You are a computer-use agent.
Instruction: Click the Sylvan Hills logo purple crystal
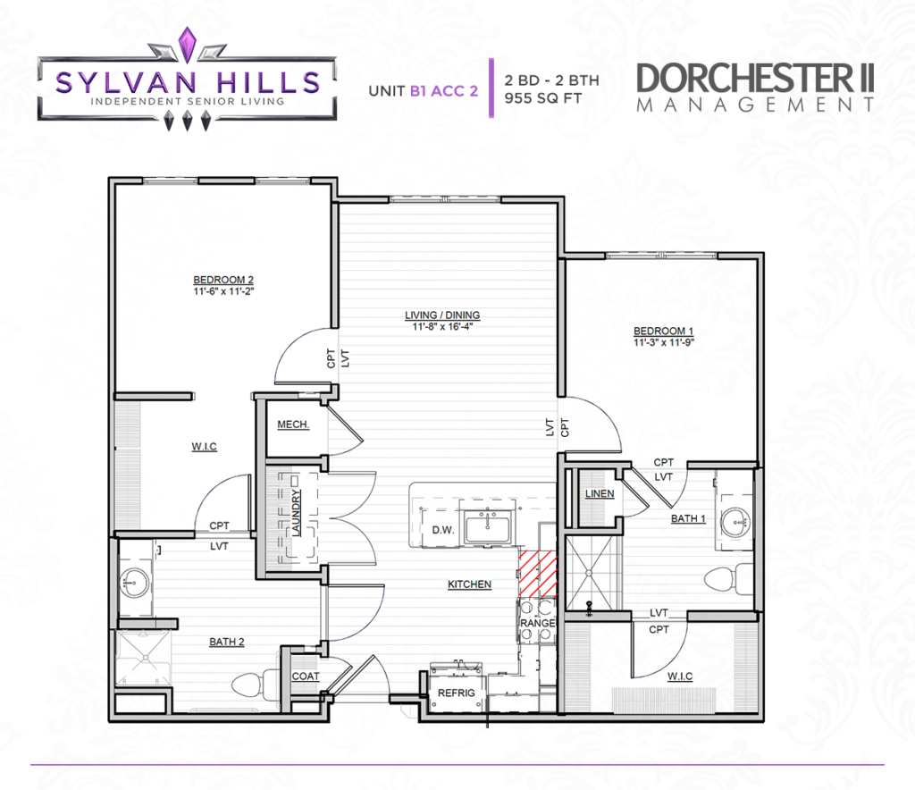[187, 44]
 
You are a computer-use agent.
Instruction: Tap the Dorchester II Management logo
[755, 87]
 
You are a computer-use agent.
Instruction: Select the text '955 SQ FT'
[542, 98]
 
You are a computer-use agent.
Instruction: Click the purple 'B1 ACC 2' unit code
[444, 91]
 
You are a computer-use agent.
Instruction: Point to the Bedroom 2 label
[223, 280]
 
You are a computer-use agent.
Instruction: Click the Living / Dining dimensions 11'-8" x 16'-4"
[442, 327]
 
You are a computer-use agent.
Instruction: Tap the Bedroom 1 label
[664, 331]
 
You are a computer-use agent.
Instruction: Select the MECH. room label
[293, 424]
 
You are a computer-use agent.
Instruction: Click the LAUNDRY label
[297, 512]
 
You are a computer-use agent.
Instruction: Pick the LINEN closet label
[600, 493]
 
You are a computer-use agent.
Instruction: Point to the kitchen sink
[487, 527]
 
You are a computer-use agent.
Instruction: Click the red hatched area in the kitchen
[538, 574]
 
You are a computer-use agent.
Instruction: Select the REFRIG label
[457, 693]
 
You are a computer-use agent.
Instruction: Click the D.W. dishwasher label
[443, 530]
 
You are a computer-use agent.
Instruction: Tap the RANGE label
[537, 623]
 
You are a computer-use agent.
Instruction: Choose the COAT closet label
[306, 677]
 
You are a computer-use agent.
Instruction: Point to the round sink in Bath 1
[735, 521]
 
